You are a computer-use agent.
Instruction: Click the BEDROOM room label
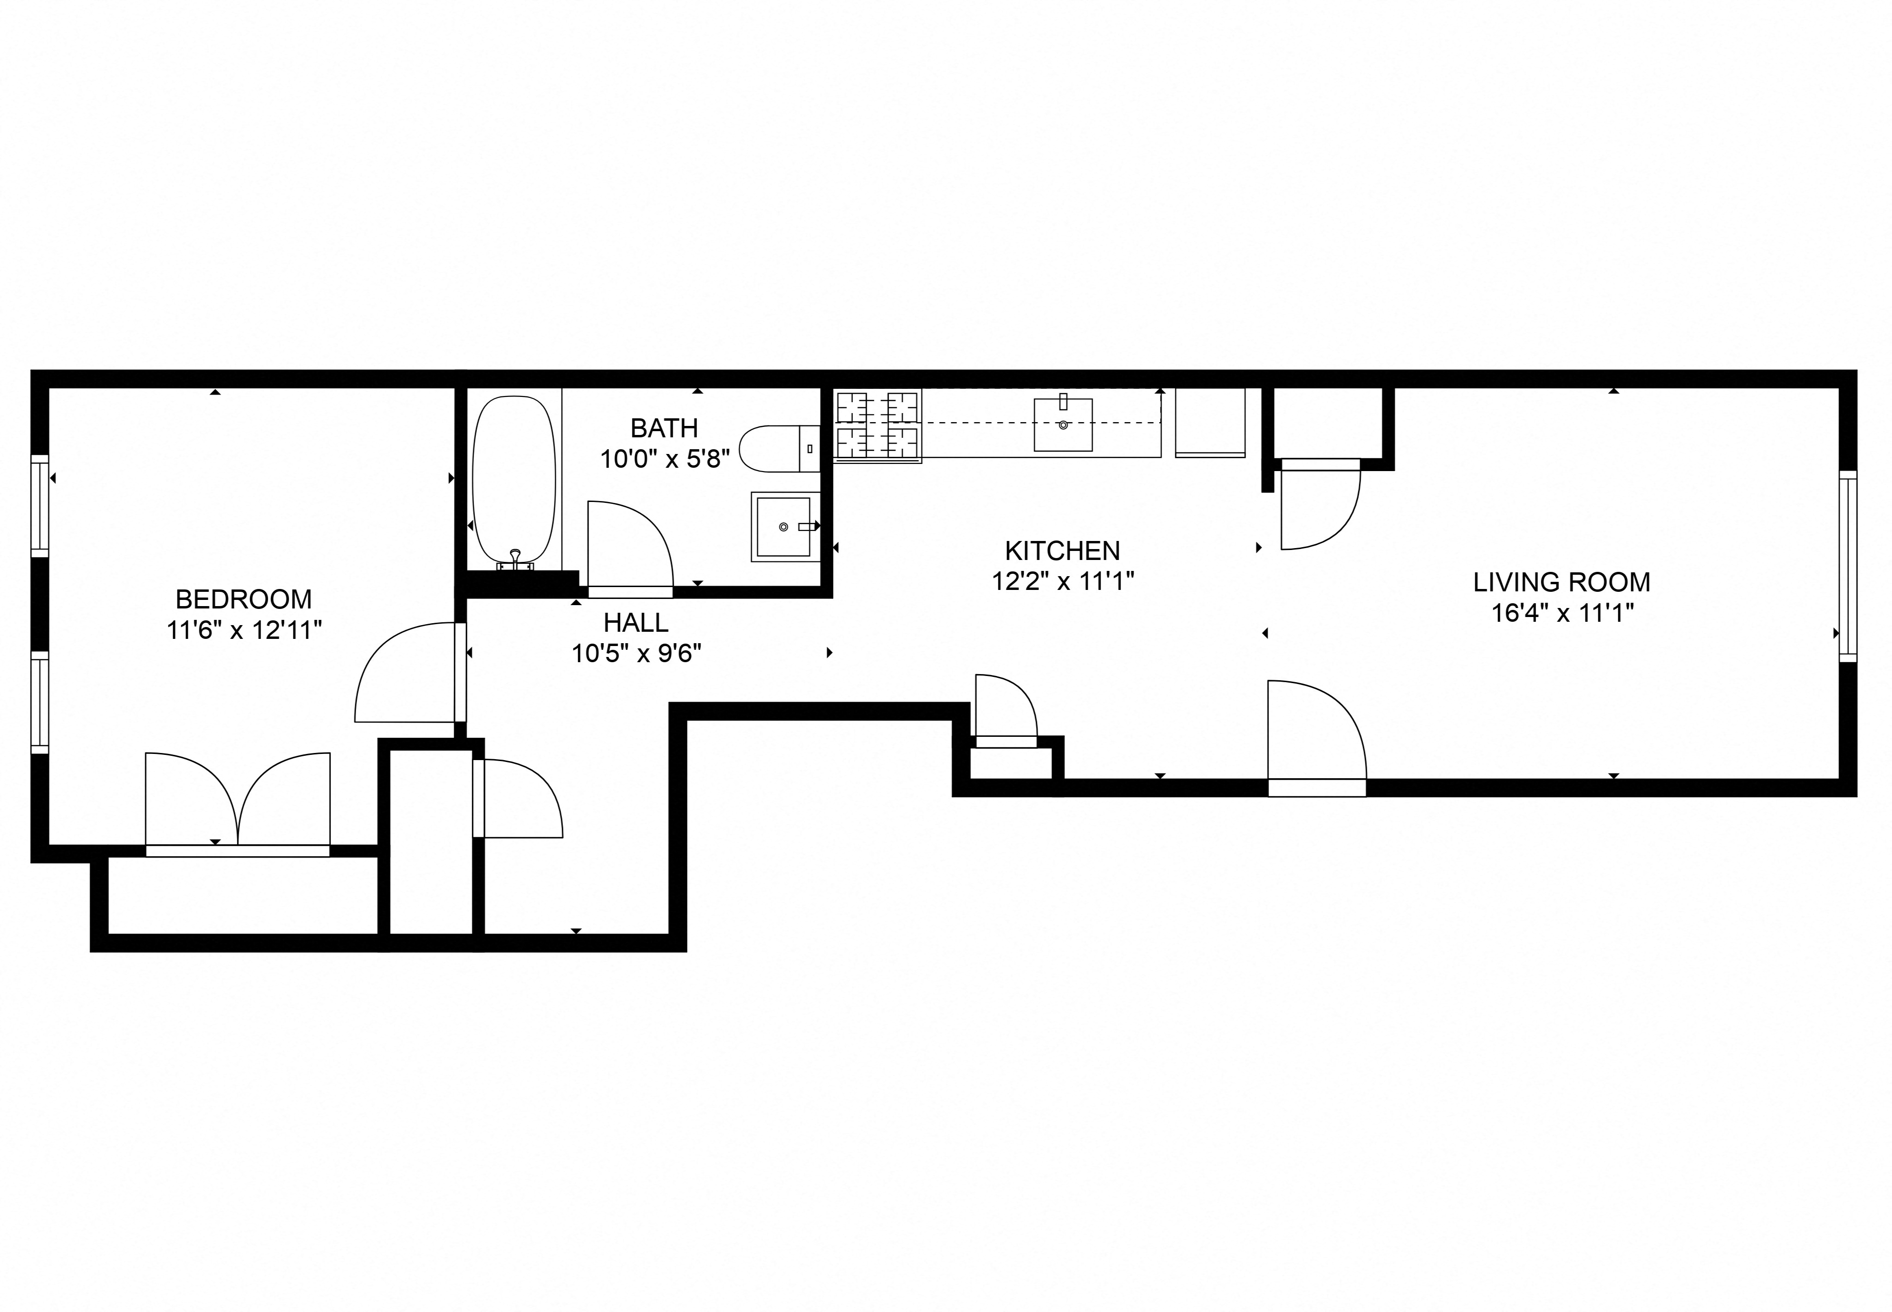243,598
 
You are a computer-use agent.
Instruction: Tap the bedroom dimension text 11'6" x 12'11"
243,630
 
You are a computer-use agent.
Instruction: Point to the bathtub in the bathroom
514,481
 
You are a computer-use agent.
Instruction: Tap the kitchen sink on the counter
1063,424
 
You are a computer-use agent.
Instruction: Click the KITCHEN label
1062,550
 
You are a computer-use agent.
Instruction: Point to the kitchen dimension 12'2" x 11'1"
1062,581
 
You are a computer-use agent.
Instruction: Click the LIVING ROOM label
1561,582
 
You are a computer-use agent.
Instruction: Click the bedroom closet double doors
238,801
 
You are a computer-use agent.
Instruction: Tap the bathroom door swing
629,547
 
